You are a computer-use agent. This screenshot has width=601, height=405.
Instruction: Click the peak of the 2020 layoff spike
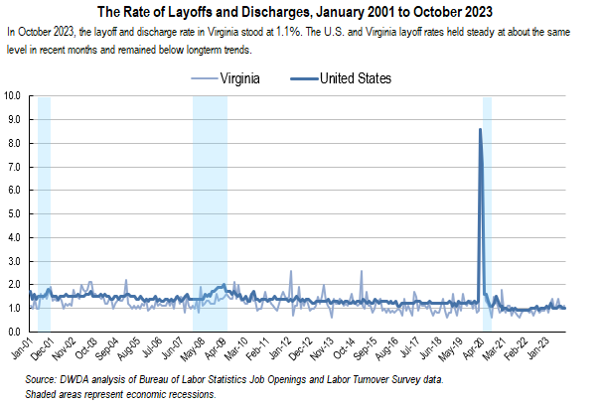[x=481, y=129]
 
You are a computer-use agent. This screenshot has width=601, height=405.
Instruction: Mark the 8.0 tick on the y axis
[x=15, y=143]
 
